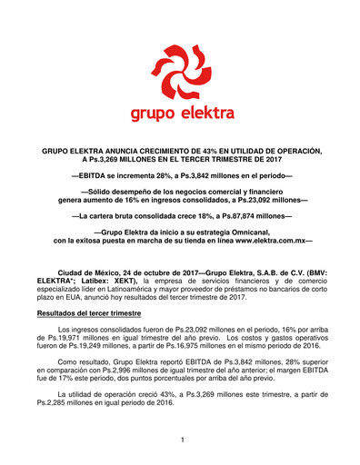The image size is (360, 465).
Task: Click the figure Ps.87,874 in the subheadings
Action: [245, 217]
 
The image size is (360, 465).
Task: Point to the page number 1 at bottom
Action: [182, 440]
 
